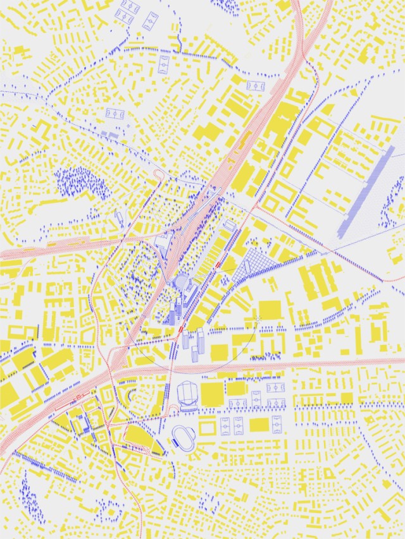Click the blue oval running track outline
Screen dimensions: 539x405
(184, 436)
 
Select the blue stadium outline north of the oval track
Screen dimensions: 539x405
(188, 395)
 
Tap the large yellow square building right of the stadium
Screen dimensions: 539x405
(212, 394)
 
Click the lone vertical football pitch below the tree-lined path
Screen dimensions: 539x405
(164, 64)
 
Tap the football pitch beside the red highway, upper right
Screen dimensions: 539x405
(256, 86)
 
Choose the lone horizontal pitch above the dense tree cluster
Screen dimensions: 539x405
(115, 114)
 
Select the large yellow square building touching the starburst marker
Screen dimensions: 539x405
(270, 311)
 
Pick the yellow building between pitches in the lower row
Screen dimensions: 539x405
(259, 425)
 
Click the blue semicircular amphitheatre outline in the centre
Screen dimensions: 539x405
(182, 282)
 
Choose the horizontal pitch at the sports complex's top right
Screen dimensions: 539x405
(275, 387)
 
